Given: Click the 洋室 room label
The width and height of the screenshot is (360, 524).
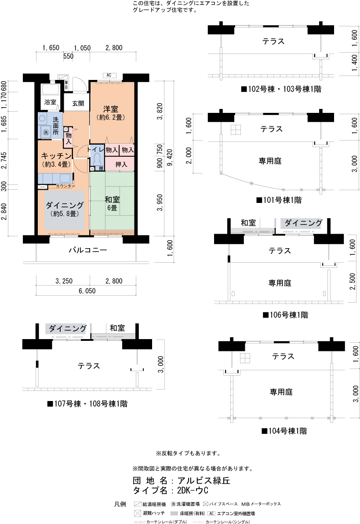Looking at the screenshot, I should [111, 109].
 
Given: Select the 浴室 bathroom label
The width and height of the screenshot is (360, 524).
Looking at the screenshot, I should [50, 102].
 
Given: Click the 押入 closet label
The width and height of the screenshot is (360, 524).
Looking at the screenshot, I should [121, 164].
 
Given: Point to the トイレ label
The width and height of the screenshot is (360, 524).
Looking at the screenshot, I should [96, 150].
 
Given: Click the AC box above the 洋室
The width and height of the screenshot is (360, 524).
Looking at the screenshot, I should [108, 75].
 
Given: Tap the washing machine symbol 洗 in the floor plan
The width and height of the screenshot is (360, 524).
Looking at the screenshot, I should [45, 132].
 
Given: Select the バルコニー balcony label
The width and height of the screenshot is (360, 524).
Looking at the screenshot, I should [88, 251].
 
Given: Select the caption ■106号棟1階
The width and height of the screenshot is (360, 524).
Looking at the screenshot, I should [285, 315].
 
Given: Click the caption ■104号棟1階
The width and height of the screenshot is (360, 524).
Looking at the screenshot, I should [284, 431].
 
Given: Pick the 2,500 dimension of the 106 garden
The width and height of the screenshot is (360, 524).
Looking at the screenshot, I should [352, 282].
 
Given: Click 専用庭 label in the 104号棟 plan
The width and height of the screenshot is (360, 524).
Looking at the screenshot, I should [281, 391].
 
